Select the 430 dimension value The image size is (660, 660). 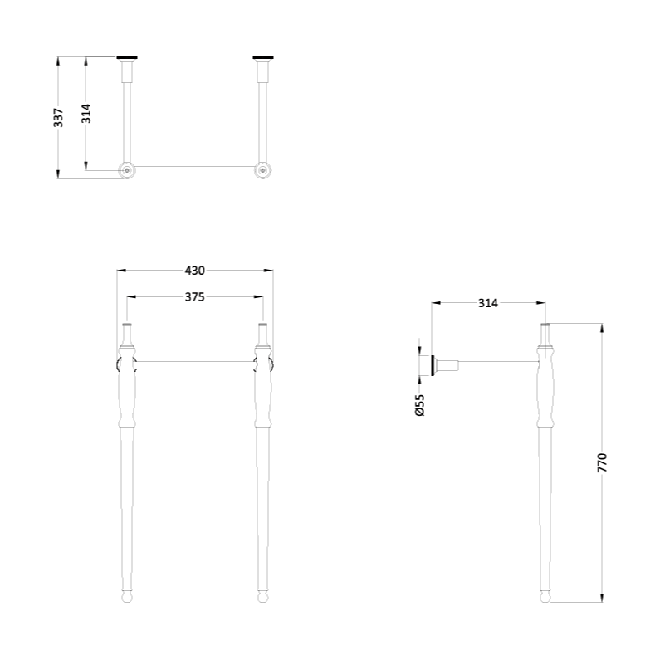tap(194, 270)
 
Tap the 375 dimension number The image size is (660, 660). tap(194, 296)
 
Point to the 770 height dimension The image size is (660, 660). tap(604, 462)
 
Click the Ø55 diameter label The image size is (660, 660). tap(420, 405)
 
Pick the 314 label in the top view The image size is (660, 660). tap(86, 114)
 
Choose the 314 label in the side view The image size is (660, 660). tap(487, 303)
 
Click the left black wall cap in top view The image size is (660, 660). tap(127, 58)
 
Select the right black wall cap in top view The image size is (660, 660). tap(263, 58)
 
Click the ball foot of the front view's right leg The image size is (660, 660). tap(262, 596)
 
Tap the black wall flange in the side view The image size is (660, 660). tap(433, 365)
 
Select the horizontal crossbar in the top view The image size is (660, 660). tap(195, 169)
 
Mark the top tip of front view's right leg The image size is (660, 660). tap(262, 325)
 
